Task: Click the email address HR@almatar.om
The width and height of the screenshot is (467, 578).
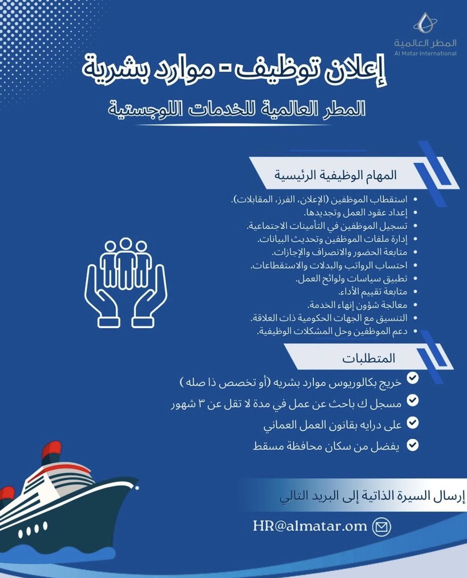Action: [310, 526]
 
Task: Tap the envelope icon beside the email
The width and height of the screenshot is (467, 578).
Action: [382, 527]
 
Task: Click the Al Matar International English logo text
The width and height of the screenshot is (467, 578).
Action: [425, 53]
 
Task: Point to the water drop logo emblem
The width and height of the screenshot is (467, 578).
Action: [425, 23]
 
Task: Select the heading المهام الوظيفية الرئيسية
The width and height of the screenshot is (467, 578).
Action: [335, 175]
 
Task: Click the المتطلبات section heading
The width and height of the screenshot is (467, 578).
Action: [369, 359]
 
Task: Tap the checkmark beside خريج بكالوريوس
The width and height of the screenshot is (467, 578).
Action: [412, 378]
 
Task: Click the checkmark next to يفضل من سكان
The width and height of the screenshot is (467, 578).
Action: [412, 445]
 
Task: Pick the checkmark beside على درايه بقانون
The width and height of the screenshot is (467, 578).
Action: [412, 423]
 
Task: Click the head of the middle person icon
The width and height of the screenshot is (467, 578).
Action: [125, 244]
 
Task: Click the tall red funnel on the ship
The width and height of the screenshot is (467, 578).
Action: [52, 450]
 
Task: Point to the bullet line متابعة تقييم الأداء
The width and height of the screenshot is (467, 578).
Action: [373, 292]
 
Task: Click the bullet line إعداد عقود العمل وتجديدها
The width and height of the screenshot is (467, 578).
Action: [356, 213]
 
